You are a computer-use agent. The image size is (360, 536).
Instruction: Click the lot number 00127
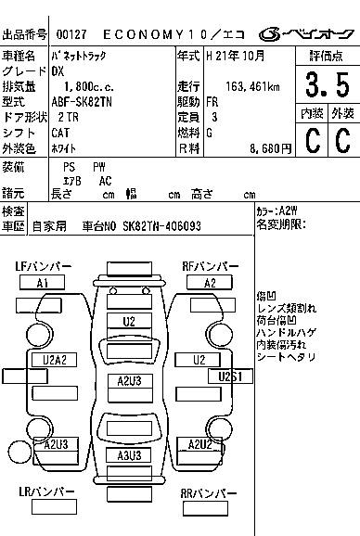point(71,34)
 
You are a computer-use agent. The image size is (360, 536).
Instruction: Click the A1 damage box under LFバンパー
point(43,282)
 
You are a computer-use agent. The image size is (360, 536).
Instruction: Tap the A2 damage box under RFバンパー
point(211,282)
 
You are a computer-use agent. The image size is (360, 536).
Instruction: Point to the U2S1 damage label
point(230,376)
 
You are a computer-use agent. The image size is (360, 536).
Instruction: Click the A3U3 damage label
point(129,455)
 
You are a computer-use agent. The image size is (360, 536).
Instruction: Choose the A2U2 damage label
point(200,445)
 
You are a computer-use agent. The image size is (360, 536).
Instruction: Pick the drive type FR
point(212,101)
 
